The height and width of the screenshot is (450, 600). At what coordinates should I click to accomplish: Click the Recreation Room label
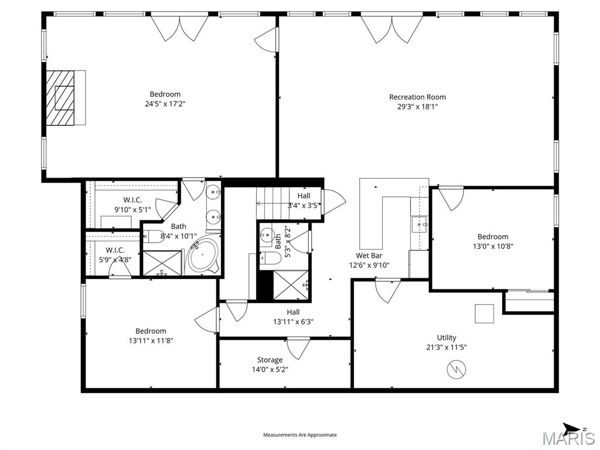pos(417,97)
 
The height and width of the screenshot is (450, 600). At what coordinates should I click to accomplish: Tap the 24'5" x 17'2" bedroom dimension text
pos(165,104)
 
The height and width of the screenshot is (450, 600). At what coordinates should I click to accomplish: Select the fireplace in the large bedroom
pos(64,97)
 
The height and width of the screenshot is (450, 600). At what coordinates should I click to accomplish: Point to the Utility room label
pos(446,337)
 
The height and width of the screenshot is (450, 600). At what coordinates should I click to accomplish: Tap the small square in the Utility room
pos(484,313)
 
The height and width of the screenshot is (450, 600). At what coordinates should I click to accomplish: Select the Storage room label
pos(270,360)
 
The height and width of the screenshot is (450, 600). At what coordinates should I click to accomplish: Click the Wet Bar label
pos(369,255)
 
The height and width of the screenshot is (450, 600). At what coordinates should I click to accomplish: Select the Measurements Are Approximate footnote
pos(300,435)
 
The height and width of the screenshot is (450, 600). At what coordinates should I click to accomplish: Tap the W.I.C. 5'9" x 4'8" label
pos(115,255)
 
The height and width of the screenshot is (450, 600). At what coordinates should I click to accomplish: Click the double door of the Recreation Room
pos(392,28)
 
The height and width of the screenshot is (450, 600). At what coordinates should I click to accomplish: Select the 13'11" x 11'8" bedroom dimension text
pos(151,340)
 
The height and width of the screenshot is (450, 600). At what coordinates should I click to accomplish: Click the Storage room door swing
pos(298,348)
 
